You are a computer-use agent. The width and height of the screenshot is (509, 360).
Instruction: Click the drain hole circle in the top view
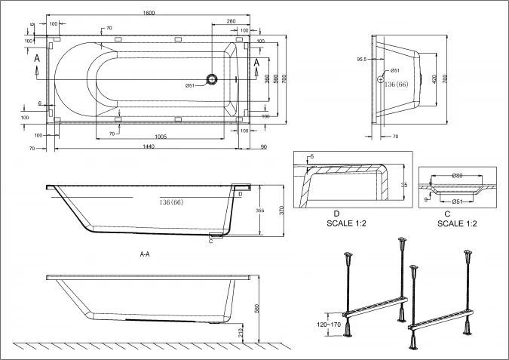pos(214,79)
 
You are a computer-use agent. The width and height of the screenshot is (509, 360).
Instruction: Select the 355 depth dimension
pos(260,211)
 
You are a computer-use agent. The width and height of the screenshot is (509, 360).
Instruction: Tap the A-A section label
pos(145,254)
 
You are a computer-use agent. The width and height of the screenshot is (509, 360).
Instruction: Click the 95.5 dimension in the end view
pos(361,59)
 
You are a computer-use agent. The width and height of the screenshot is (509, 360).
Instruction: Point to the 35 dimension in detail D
pos(404,183)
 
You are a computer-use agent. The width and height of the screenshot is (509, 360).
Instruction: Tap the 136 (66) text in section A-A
pos(171,202)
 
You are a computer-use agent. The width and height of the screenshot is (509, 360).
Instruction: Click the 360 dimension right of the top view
pos(267,78)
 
